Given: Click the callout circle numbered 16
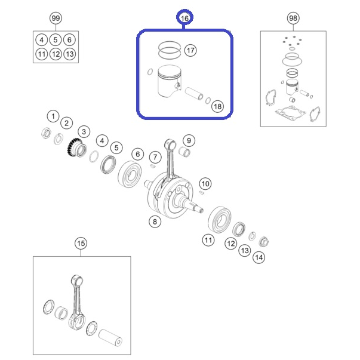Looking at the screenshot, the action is [x=184, y=18].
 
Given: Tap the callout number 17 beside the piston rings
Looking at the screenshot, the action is [x=190, y=50].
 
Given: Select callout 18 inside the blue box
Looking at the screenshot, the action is [x=217, y=106].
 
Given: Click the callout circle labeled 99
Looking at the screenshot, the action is [x=56, y=18].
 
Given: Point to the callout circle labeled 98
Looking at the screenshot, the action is [x=293, y=18].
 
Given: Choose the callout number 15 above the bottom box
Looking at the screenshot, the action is [x=81, y=244].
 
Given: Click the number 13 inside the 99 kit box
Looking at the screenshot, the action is [x=70, y=54].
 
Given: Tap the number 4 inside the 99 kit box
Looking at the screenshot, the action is [x=42, y=40].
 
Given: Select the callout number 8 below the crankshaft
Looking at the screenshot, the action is [x=155, y=221].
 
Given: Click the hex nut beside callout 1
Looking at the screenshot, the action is [x=46, y=133].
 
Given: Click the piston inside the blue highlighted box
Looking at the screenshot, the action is [x=168, y=82].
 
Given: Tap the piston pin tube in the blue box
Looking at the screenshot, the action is [x=194, y=94].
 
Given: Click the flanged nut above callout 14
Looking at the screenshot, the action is [x=264, y=242].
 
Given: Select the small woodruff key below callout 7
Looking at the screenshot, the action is [x=153, y=166].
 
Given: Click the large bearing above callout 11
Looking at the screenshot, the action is [x=219, y=219].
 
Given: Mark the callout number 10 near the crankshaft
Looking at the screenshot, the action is [x=205, y=184].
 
